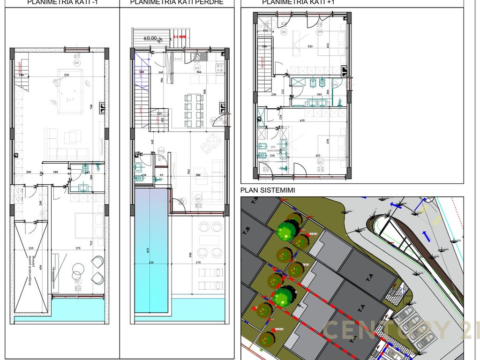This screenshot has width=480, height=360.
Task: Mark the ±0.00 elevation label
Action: (150, 38)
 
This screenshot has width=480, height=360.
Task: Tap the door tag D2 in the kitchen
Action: (197, 67)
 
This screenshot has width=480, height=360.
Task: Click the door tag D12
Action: (161, 151)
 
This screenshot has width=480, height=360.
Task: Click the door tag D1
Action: (198, 199)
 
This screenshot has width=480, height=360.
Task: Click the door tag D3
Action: (320, 162)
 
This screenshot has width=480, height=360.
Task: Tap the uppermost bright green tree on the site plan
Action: (285, 231)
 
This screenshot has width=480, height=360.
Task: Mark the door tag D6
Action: (284, 32)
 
